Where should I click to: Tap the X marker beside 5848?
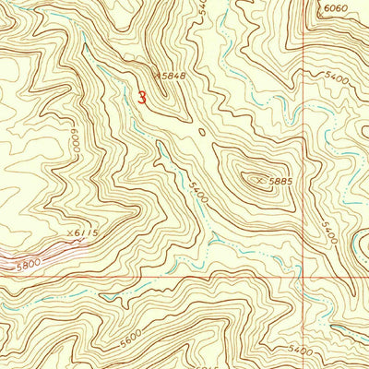click(159, 77)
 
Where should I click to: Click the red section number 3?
click(141, 96)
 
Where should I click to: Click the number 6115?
click(86, 232)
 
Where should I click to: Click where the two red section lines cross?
click(304, 276)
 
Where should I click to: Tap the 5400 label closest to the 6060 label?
click(334, 80)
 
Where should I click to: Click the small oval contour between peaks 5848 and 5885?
click(202, 132)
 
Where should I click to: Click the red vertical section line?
click(304, 138)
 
